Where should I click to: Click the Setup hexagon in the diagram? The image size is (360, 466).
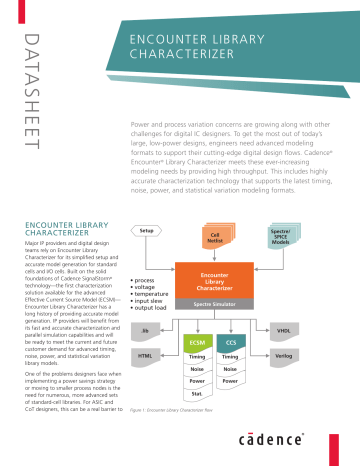pos(146,230)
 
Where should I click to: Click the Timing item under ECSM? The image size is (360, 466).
pos(197,356)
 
